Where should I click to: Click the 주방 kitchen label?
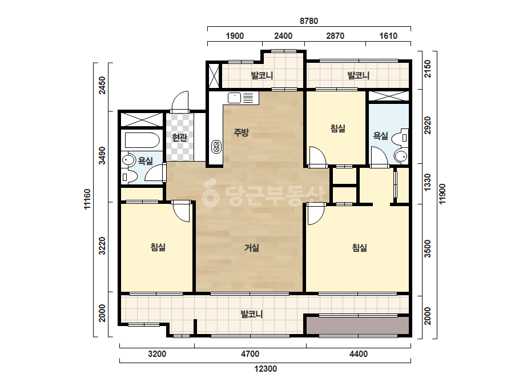pos(242,132)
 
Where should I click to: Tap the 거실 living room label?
pos(251,248)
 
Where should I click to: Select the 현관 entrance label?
pos(179,137)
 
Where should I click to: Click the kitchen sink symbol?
pos(234,98)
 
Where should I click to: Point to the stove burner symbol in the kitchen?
pos(216,147)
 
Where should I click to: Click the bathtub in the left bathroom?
pos(142,140)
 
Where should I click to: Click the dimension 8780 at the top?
pos(308,21)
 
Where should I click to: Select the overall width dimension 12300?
pos(265,369)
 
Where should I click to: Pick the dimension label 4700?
pos(251,354)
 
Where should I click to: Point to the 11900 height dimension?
pos(442,194)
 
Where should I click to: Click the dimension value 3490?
pos(102,156)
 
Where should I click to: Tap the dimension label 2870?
pos(335,36)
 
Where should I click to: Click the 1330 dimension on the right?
pos(427,182)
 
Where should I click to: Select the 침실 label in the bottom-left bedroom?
pos(158,247)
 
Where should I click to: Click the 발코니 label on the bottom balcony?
pos(251,315)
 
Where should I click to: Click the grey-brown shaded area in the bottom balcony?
pos(357,325)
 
